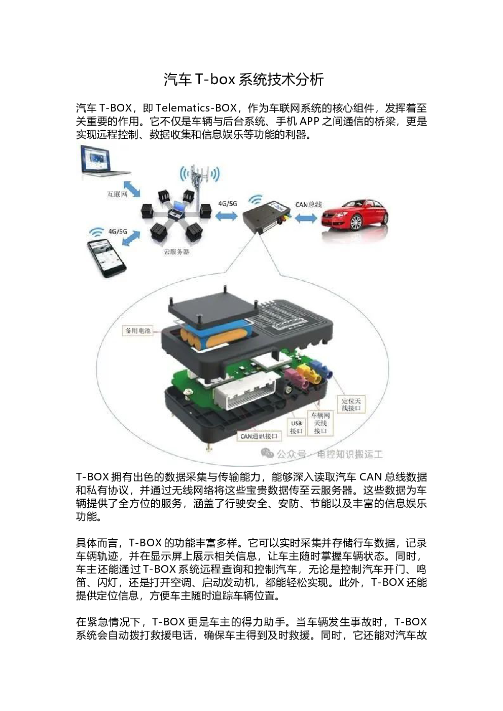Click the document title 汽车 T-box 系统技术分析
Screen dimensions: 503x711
pos(243,80)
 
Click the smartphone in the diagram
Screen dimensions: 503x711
pos(106,258)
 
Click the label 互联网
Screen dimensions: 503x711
pos(117,194)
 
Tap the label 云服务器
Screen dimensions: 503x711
pos(176,252)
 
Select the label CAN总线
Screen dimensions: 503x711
pos(309,204)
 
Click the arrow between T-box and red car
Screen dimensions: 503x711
pos(306,218)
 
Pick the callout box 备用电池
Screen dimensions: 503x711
pos(138,330)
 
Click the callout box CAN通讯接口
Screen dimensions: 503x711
pos(259,436)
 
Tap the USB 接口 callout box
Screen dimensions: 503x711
pos(296,427)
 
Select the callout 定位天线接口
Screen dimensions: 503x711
pos(351,404)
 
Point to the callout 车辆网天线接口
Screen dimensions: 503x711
pos(320,423)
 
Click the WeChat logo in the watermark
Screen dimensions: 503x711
pos(267,453)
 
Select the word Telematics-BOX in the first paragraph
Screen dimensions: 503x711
pos(196,108)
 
